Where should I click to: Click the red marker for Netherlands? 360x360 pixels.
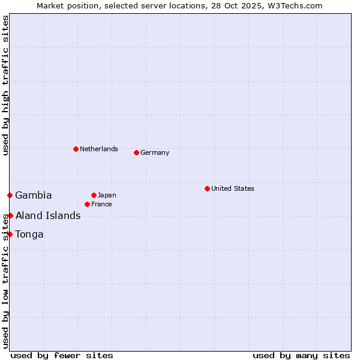click(76, 149)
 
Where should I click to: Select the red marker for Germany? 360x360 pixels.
click(136, 152)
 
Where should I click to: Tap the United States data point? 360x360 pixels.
click(207, 188)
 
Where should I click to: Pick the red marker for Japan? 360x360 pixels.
click(94, 195)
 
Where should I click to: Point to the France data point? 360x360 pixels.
click(87, 204)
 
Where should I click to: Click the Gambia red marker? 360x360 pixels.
click(10, 195)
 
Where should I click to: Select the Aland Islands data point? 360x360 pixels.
click(10, 215)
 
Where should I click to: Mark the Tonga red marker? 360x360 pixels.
click(10, 234)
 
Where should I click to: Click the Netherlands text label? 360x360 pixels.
click(99, 149)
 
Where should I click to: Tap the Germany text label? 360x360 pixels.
click(155, 152)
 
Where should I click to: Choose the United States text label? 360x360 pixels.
click(233, 188)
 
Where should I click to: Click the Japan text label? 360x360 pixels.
click(107, 195)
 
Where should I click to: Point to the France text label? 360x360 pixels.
click(101, 204)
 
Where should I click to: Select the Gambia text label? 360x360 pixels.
click(34, 195)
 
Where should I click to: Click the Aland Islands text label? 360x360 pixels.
click(48, 215)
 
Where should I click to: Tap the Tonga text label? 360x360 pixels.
click(29, 234)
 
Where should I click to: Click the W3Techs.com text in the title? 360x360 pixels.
click(294, 5)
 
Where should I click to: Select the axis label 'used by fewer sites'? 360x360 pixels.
click(62, 355)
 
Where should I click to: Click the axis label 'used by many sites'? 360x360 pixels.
click(301, 355)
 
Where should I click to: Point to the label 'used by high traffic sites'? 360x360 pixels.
click(5, 85)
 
